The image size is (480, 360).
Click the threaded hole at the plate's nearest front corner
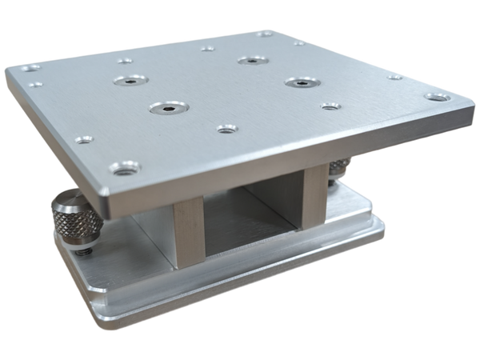coord(124,169)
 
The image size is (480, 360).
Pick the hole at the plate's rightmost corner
coord(436,97)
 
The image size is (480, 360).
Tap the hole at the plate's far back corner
coord(265,33)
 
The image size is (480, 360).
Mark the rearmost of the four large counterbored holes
coord(252,59)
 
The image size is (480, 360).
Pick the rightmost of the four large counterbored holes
coord(298,82)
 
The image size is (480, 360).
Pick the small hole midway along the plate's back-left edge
coord(125,60)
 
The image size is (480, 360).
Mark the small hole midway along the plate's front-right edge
coord(330,106)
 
